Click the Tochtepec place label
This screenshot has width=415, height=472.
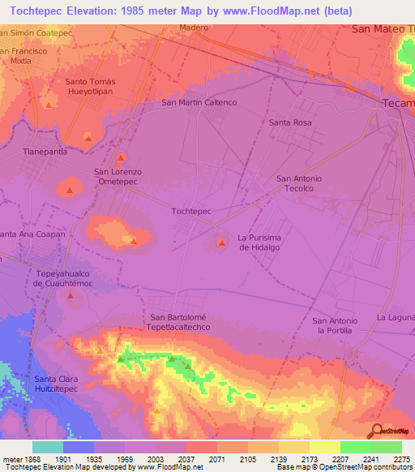(192, 211)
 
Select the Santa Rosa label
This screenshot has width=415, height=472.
(290, 122)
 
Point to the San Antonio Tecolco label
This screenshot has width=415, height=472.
(299, 183)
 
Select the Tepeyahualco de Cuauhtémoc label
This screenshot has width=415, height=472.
(65, 279)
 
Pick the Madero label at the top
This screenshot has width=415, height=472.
(194, 28)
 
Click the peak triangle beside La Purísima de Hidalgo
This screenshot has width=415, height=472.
(220, 243)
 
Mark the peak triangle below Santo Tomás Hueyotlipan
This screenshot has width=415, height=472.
(49, 105)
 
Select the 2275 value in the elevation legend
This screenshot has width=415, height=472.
(401, 458)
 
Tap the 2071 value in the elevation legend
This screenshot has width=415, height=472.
(216, 458)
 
